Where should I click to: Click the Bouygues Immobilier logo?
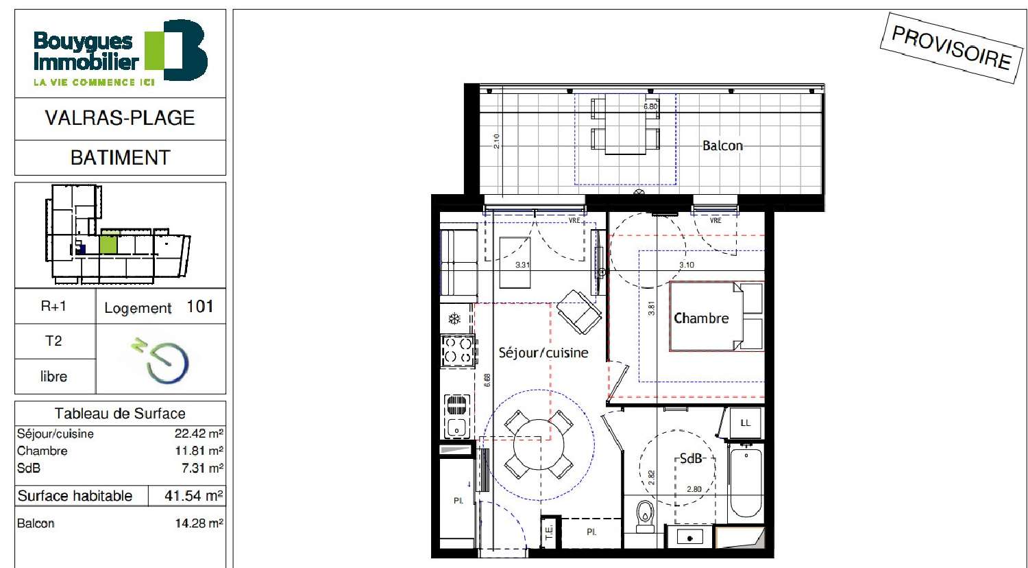[120, 52]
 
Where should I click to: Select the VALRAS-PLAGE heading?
[120, 118]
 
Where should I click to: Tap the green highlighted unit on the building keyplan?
[108, 244]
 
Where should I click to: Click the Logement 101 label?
[159, 307]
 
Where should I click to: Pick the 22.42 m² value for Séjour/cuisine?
[199, 434]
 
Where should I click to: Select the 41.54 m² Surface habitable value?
[193, 495]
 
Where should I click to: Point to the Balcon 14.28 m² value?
[199, 523]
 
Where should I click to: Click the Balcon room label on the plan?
[722, 145]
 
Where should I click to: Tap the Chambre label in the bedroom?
[700, 318]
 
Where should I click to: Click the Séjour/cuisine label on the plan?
[543, 353]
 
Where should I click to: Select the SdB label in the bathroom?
[691, 458]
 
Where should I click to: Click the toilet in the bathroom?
[645, 515]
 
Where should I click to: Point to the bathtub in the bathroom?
[745, 483]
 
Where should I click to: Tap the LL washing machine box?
[745, 423]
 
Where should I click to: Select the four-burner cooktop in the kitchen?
[458, 350]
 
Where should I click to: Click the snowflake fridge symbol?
[453, 318]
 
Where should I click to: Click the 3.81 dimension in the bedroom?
[652, 309]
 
